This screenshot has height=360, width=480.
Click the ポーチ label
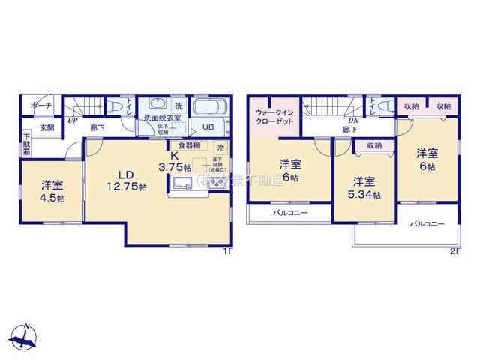(41, 107)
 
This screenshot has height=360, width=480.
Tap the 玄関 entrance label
(46, 128)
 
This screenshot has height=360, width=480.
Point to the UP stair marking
(73, 120)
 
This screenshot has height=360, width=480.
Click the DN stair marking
(352, 120)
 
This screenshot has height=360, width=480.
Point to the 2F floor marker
(454, 251)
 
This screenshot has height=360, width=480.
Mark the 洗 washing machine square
(178, 106)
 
